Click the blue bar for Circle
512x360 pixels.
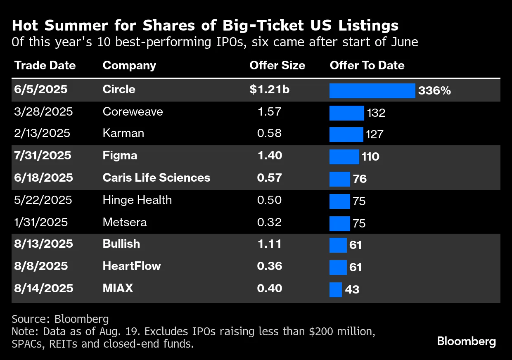tap(372, 91)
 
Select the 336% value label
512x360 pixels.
tap(434, 91)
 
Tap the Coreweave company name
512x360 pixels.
tap(133, 112)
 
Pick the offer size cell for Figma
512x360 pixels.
tap(270, 156)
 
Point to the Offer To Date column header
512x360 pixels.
tap(367, 66)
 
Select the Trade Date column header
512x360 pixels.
tap(45, 66)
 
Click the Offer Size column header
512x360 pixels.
tap(277, 66)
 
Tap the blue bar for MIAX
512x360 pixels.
tap(336, 289)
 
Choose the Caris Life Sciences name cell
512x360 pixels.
tap(156, 178)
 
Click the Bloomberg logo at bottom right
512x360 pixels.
tap(467, 341)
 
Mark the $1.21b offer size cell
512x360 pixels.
tap(269, 90)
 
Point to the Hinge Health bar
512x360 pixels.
tap(340, 201)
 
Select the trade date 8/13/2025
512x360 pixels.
tap(43, 244)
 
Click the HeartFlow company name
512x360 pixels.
tap(131, 266)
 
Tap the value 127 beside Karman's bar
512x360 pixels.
tap(374, 135)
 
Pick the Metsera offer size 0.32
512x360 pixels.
tap(269, 223)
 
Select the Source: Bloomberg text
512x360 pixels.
tap(60, 319)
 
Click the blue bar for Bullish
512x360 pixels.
tap(338, 245)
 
